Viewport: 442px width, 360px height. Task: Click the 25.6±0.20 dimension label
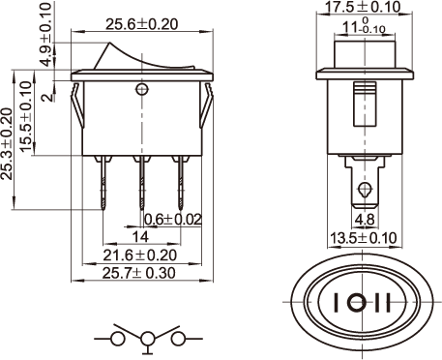[x=141, y=24]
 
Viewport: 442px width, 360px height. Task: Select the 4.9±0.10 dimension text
[x=47, y=35]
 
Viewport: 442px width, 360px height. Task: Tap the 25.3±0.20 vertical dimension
[x=7, y=144]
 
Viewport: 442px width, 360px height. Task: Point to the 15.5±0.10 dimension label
[x=26, y=116]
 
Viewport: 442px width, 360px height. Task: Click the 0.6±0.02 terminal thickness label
[x=173, y=220]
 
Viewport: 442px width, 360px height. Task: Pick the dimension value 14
[x=141, y=237]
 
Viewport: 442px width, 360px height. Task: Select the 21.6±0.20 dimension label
[x=140, y=255]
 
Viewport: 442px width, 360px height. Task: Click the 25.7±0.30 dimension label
[x=139, y=273]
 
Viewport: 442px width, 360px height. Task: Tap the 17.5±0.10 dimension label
[x=363, y=7]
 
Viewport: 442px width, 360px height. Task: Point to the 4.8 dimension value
[x=365, y=220]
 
